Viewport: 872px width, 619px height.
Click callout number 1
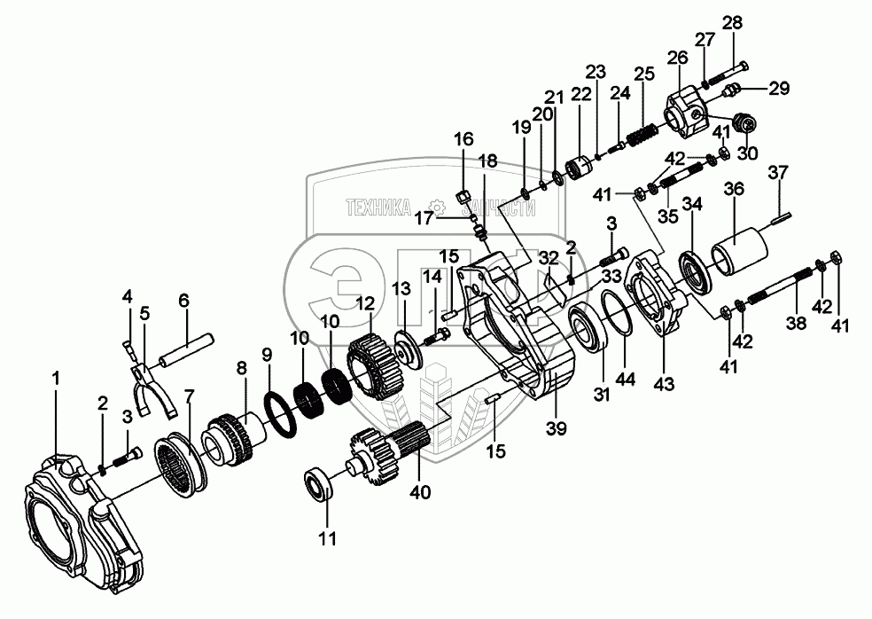point(56,379)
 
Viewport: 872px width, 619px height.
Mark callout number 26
point(678,59)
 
